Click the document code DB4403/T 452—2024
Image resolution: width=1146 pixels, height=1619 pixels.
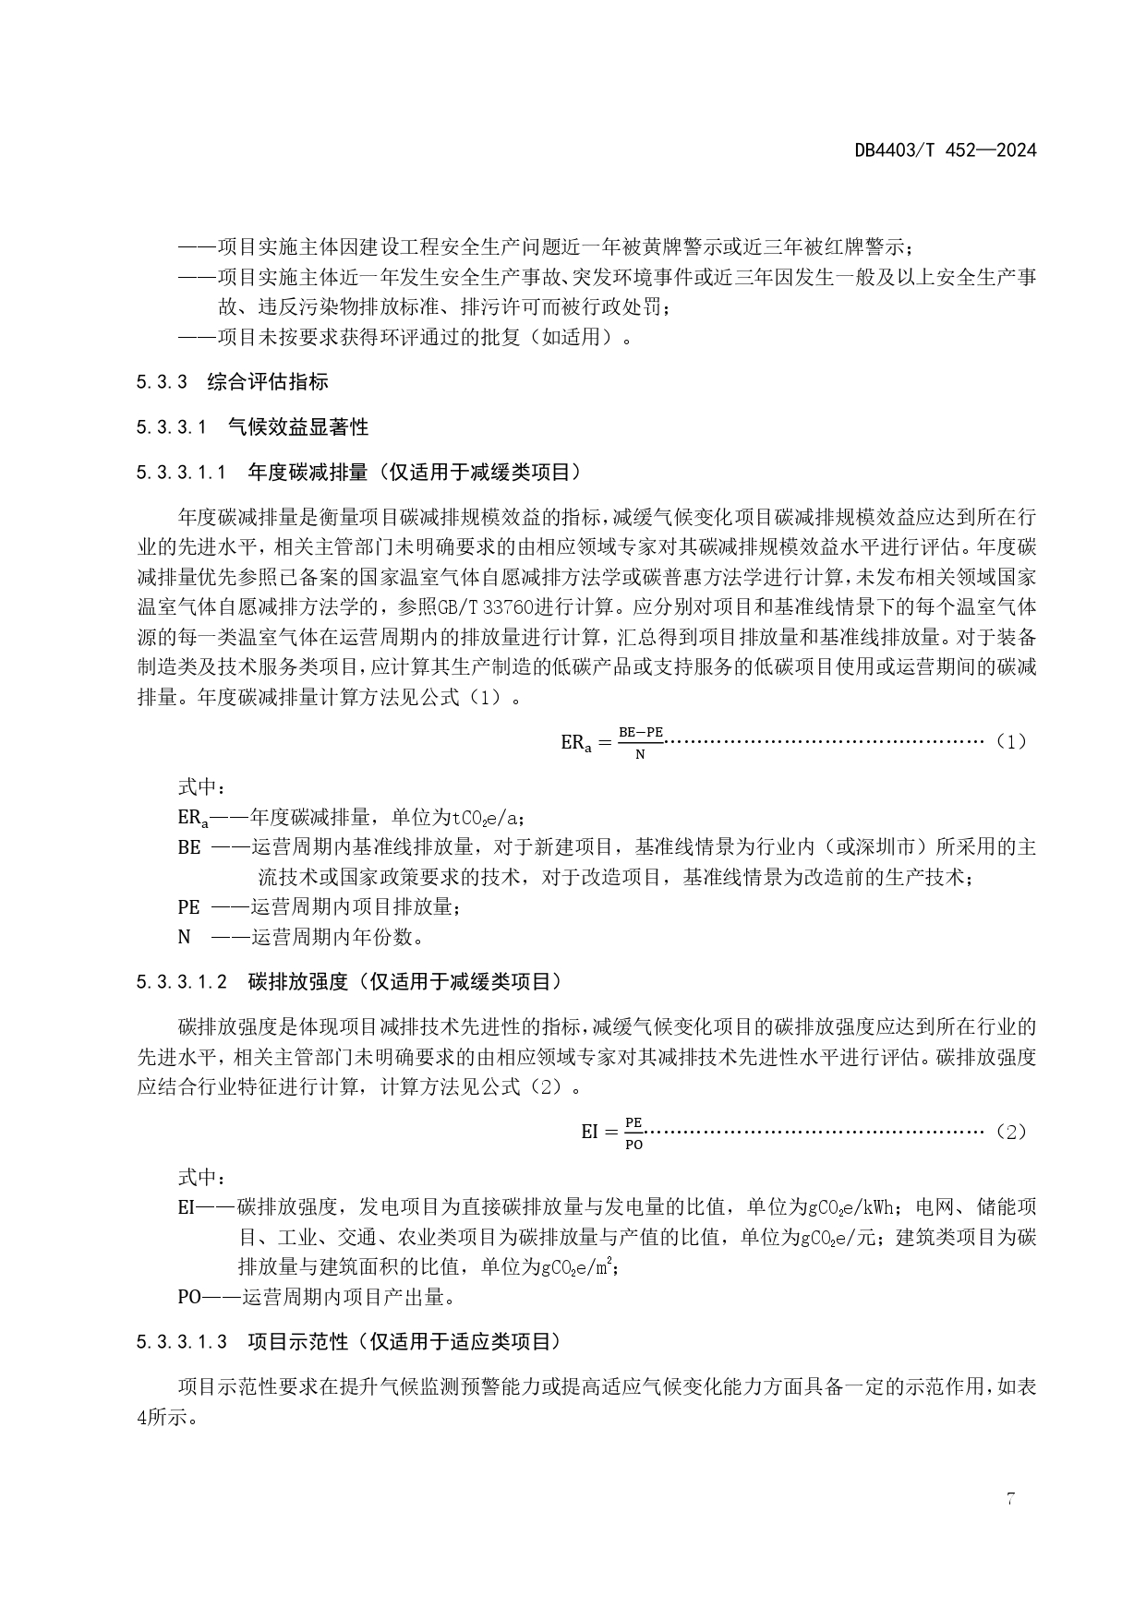(946, 150)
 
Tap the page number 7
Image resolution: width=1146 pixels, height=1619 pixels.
(1010, 1499)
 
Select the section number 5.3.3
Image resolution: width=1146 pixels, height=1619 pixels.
(162, 382)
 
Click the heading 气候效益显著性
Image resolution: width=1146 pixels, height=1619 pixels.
(297, 427)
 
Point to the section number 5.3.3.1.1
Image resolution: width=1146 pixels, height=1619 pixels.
(181, 473)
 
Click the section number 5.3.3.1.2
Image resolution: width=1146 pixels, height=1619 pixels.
(181, 982)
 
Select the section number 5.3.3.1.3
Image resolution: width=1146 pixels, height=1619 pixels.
(181, 1342)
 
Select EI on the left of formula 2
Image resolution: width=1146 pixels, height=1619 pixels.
(590, 1132)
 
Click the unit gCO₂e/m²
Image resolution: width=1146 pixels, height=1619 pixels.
(576, 1267)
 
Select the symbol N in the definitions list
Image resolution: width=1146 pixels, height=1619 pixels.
(184, 937)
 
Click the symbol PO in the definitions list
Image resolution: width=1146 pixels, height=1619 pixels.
(188, 1297)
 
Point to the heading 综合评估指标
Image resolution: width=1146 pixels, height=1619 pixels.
(268, 382)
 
